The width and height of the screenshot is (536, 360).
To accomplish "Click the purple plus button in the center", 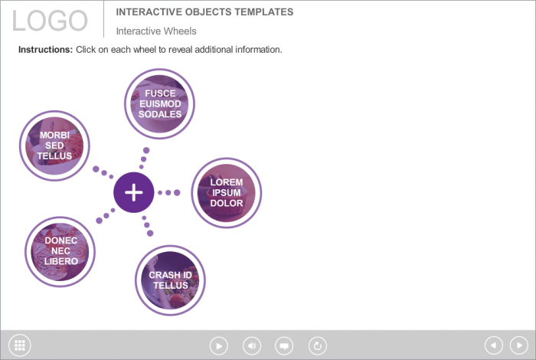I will (x=134, y=191).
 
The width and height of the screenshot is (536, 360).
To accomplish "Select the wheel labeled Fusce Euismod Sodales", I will (x=159, y=103).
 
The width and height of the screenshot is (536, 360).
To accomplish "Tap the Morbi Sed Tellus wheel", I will (x=54, y=146).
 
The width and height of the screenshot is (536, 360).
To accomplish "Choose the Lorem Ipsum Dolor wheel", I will (x=226, y=193).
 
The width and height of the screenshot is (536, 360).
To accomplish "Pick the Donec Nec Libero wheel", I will (x=60, y=251).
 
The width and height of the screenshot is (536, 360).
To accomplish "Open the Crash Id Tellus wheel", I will (x=170, y=280).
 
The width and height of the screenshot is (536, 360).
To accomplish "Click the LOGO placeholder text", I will (x=51, y=21).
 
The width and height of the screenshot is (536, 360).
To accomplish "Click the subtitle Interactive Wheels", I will (x=156, y=31).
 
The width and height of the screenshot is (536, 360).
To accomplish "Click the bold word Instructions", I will (x=45, y=50).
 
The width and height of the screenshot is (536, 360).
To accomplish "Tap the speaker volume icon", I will (x=252, y=345).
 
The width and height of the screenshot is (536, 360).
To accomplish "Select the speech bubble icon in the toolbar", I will (x=284, y=345).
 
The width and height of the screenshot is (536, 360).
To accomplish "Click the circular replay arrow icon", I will (x=317, y=345).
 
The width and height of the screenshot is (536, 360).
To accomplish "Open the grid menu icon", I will (x=19, y=345).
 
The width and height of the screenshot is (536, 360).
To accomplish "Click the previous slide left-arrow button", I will (x=494, y=345).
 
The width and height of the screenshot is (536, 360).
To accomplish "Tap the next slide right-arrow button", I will (x=518, y=345).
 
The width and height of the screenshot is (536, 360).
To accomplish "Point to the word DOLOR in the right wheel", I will (x=227, y=204).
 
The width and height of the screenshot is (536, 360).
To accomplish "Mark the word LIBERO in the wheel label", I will (x=60, y=261).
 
